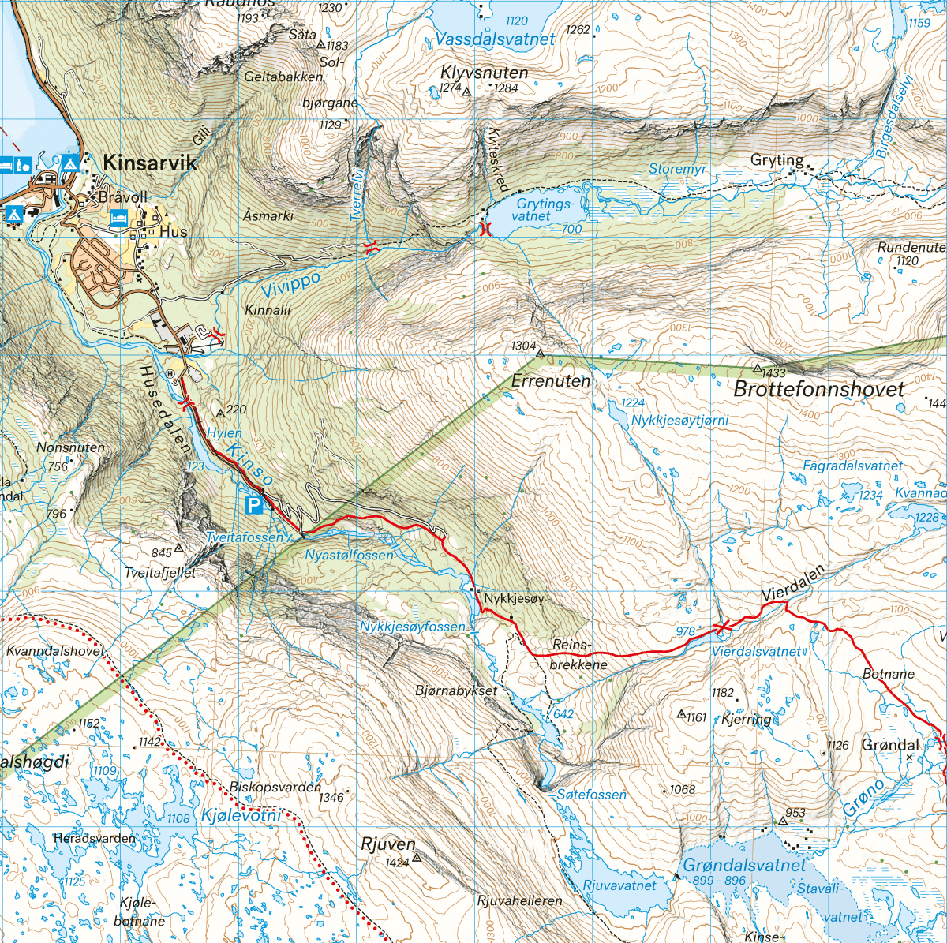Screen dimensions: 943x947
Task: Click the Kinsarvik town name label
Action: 150,163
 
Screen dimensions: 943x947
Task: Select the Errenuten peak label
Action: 551,381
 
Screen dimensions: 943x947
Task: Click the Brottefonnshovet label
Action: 819,388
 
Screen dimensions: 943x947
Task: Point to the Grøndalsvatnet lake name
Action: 745,865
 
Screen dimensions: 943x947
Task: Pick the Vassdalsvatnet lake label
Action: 495,39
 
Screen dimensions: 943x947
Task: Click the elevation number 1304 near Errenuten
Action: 523,346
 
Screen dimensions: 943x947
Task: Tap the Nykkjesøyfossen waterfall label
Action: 413,627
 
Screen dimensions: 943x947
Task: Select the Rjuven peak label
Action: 387,844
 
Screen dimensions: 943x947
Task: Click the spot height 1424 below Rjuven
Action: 397,862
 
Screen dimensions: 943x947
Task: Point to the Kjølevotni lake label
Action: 241,815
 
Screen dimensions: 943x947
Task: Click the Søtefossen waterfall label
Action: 592,795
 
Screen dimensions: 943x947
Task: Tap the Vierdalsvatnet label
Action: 756,652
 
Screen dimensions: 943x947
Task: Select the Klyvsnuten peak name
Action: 484,73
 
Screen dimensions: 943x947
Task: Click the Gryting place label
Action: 777,160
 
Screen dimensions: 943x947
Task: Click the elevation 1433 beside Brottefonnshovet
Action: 774,372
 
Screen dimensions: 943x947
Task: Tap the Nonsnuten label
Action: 70,447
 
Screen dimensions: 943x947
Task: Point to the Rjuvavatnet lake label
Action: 619,885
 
